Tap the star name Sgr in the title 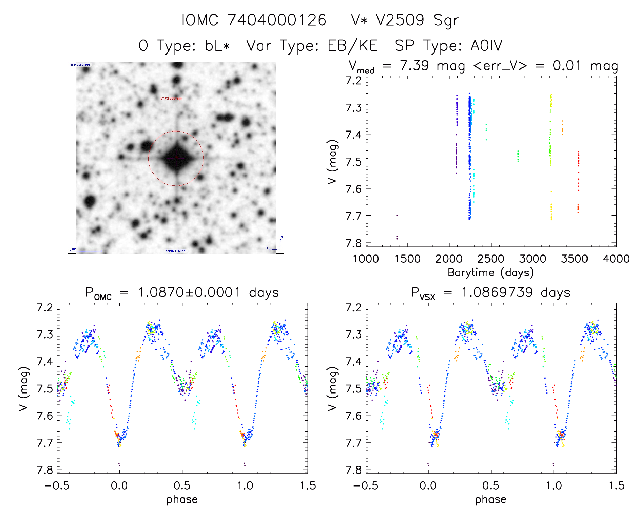pyautogui.click(x=446, y=20)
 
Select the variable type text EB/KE pyautogui.click(x=352, y=46)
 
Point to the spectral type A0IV pyautogui.click(x=486, y=46)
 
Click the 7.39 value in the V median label pyautogui.click(x=414, y=65)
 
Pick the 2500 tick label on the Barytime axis pyautogui.click(x=491, y=259)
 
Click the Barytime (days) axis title pyautogui.click(x=491, y=273)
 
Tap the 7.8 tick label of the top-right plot pyautogui.click(x=353, y=243)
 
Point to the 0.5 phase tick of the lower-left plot pyautogui.click(x=182, y=485)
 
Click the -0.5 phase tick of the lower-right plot pyautogui.click(x=365, y=485)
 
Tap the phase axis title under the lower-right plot pyautogui.click(x=491, y=499)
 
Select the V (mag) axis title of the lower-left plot pyautogui.click(x=23, y=388)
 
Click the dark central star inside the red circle pyautogui.click(x=176, y=158)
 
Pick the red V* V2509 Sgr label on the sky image pyautogui.click(x=171, y=98)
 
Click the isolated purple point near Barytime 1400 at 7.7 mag pyautogui.click(x=397, y=215)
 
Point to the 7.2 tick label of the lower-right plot pyautogui.click(x=353, y=307)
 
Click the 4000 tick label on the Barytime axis pyautogui.click(x=616, y=259)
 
